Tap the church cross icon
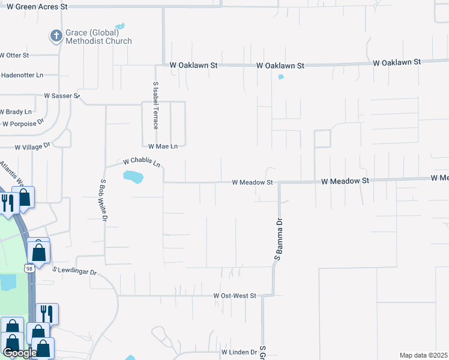tap(56, 37)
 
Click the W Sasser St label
tap(61, 95)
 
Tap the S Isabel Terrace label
tap(155, 106)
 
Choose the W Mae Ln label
tap(163, 146)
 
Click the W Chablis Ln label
tap(142, 163)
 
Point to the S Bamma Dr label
tap(278, 239)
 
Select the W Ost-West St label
tap(235, 296)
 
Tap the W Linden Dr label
tap(239, 352)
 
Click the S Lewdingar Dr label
tap(74, 272)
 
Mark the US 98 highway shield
tap(29, 269)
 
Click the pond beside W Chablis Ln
tap(133, 177)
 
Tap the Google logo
tap(20, 353)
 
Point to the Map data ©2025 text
tap(423, 355)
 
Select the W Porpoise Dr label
tap(23, 124)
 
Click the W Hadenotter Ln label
tap(22, 75)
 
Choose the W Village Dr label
tap(33, 146)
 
